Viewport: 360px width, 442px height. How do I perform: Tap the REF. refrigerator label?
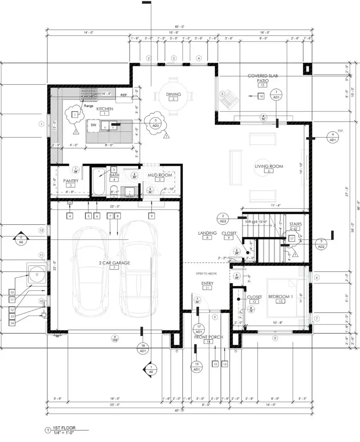point(124,95)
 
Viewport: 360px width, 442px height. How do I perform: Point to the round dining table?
point(174,96)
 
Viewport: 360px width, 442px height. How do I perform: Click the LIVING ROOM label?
point(269,166)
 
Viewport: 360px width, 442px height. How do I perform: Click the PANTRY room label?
point(70,181)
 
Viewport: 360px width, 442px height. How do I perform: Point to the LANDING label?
point(207,233)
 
